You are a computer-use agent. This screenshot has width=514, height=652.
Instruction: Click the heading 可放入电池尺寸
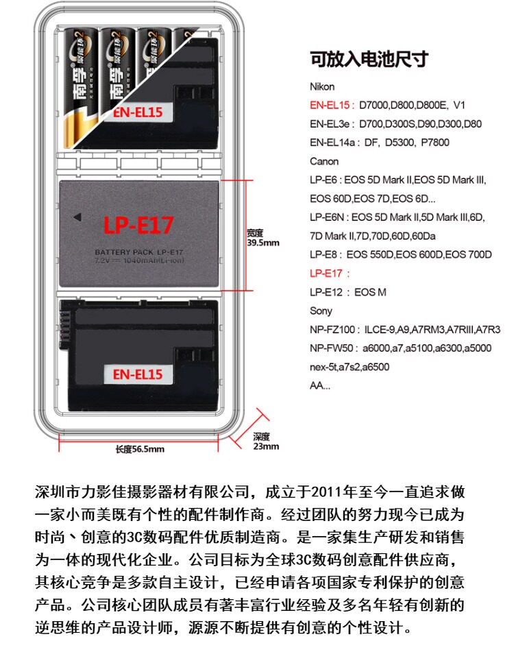369,60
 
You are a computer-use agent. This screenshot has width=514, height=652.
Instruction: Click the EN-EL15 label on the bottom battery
138,374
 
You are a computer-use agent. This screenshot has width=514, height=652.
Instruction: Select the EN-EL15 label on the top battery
138,112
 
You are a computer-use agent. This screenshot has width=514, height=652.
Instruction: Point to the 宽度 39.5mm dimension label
263,238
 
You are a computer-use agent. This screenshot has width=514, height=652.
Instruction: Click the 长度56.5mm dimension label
140,449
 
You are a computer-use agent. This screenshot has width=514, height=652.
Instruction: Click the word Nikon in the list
322,87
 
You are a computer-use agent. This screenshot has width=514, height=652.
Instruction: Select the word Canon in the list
324,162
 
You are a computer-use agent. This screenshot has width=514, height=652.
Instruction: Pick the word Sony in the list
321,311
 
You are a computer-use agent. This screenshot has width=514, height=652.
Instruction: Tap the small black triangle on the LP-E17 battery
77,217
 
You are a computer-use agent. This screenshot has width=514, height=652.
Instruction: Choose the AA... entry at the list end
319,385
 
